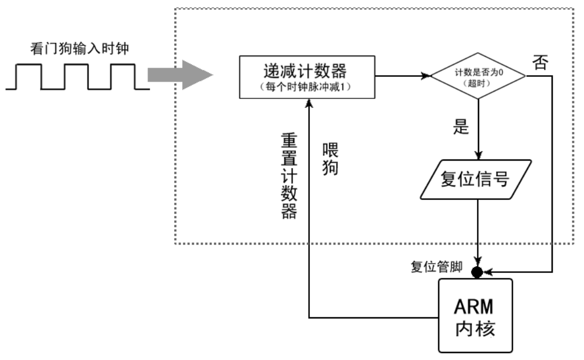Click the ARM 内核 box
point(475,315)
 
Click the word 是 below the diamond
point(461,127)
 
